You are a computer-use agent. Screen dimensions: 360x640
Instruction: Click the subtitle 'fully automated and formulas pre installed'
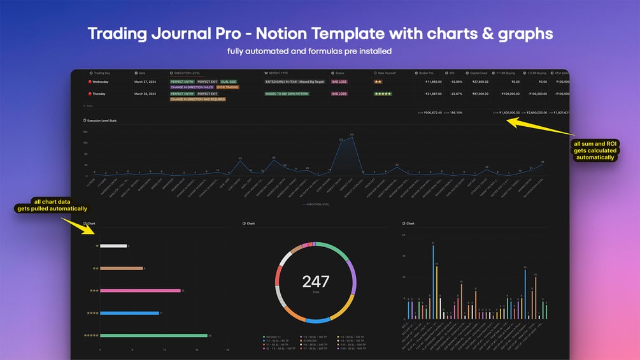pyautogui.click(x=320, y=51)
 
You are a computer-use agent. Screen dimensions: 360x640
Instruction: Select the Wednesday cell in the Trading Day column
pyautogui.click(x=101, y=82)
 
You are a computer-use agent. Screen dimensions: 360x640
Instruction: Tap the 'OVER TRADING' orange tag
pyautogui.click(x=228, y=87)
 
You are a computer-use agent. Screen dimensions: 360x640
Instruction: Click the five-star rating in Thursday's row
pyautogui.click(x=383, y=94)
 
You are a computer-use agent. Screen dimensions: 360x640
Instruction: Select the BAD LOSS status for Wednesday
pyautogui.click(x=339, y=82)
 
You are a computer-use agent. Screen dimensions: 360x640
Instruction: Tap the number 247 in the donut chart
pyautogui.click(x=316, y=282)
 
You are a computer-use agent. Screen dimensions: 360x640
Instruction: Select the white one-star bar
pyautogui.click(x=113, y=245)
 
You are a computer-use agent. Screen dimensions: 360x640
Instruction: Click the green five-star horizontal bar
pyautogui.click(x=153, y=335)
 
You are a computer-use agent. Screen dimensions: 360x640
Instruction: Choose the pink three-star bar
pyautogui.click(x=140, y=291)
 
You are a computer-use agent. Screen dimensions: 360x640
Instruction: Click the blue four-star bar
pyautogui.click(x=129, y=313)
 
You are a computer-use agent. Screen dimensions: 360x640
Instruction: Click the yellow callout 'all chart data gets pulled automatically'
pyautogui.click(x=52, y=205)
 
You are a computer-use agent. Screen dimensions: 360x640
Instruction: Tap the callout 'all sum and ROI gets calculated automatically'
pyautogui.click(x=594, y=150)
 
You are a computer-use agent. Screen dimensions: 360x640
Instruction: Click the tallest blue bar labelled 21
pyautogui.click(x=433, y=280)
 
